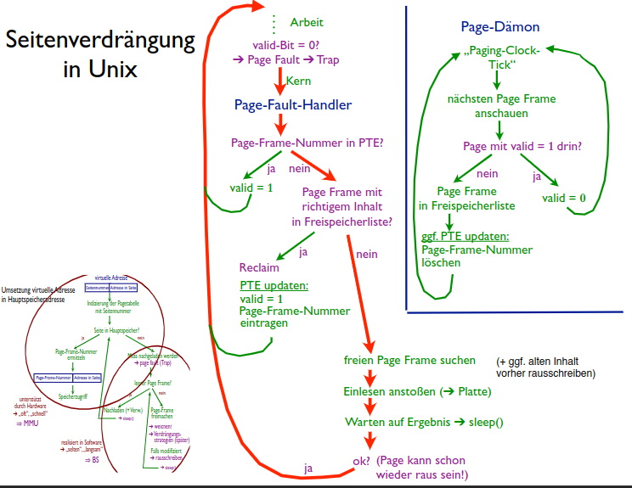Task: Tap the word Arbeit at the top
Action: point(307,22)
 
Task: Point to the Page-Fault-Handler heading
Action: point(293,105)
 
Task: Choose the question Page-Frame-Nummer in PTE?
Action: point(307,143)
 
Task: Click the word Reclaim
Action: point(259,267)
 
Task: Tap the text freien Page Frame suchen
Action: point(409,360)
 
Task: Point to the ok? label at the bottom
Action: point(361,461)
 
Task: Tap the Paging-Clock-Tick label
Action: point(506,57)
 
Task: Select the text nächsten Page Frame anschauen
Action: point(501,105)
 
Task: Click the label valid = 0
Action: point(564,198)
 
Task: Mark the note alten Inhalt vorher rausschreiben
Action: point(545,367)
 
